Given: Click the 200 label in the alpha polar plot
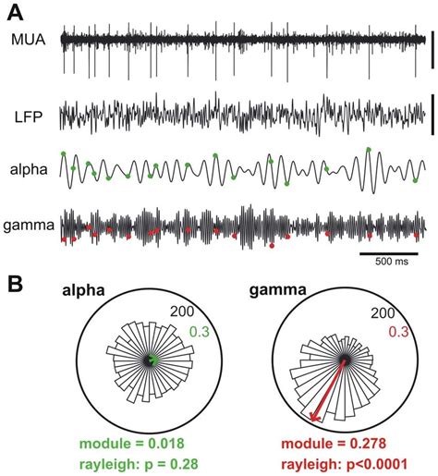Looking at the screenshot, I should click(187, 315).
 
